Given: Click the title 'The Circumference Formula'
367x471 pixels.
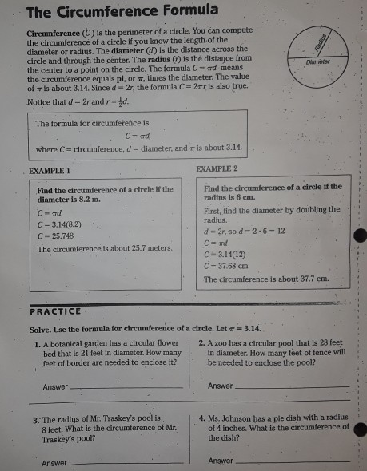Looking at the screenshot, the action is coord(122,11).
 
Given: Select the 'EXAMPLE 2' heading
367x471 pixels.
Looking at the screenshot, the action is coord(217,170).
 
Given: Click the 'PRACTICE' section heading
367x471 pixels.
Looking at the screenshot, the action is coord(55,311).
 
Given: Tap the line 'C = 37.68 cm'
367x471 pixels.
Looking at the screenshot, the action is coord(227,266).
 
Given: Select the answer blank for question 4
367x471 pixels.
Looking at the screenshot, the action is coord(293,461).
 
